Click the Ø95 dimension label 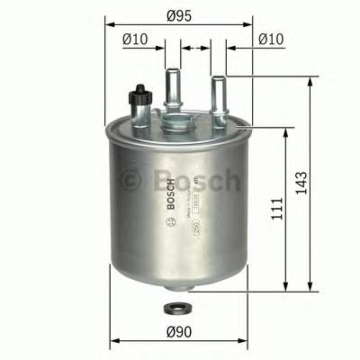[177, 12]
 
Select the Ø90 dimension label [176, 331]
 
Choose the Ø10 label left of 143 [272, 39]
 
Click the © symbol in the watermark [132, 181]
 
